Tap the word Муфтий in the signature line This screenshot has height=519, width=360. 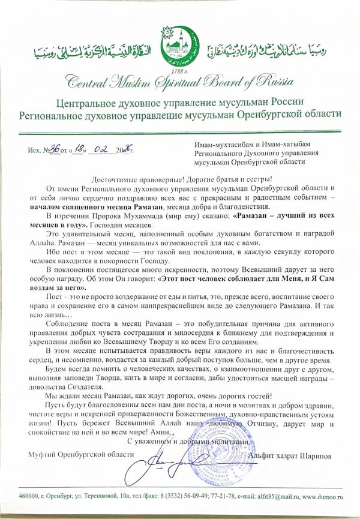pos(42,455)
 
